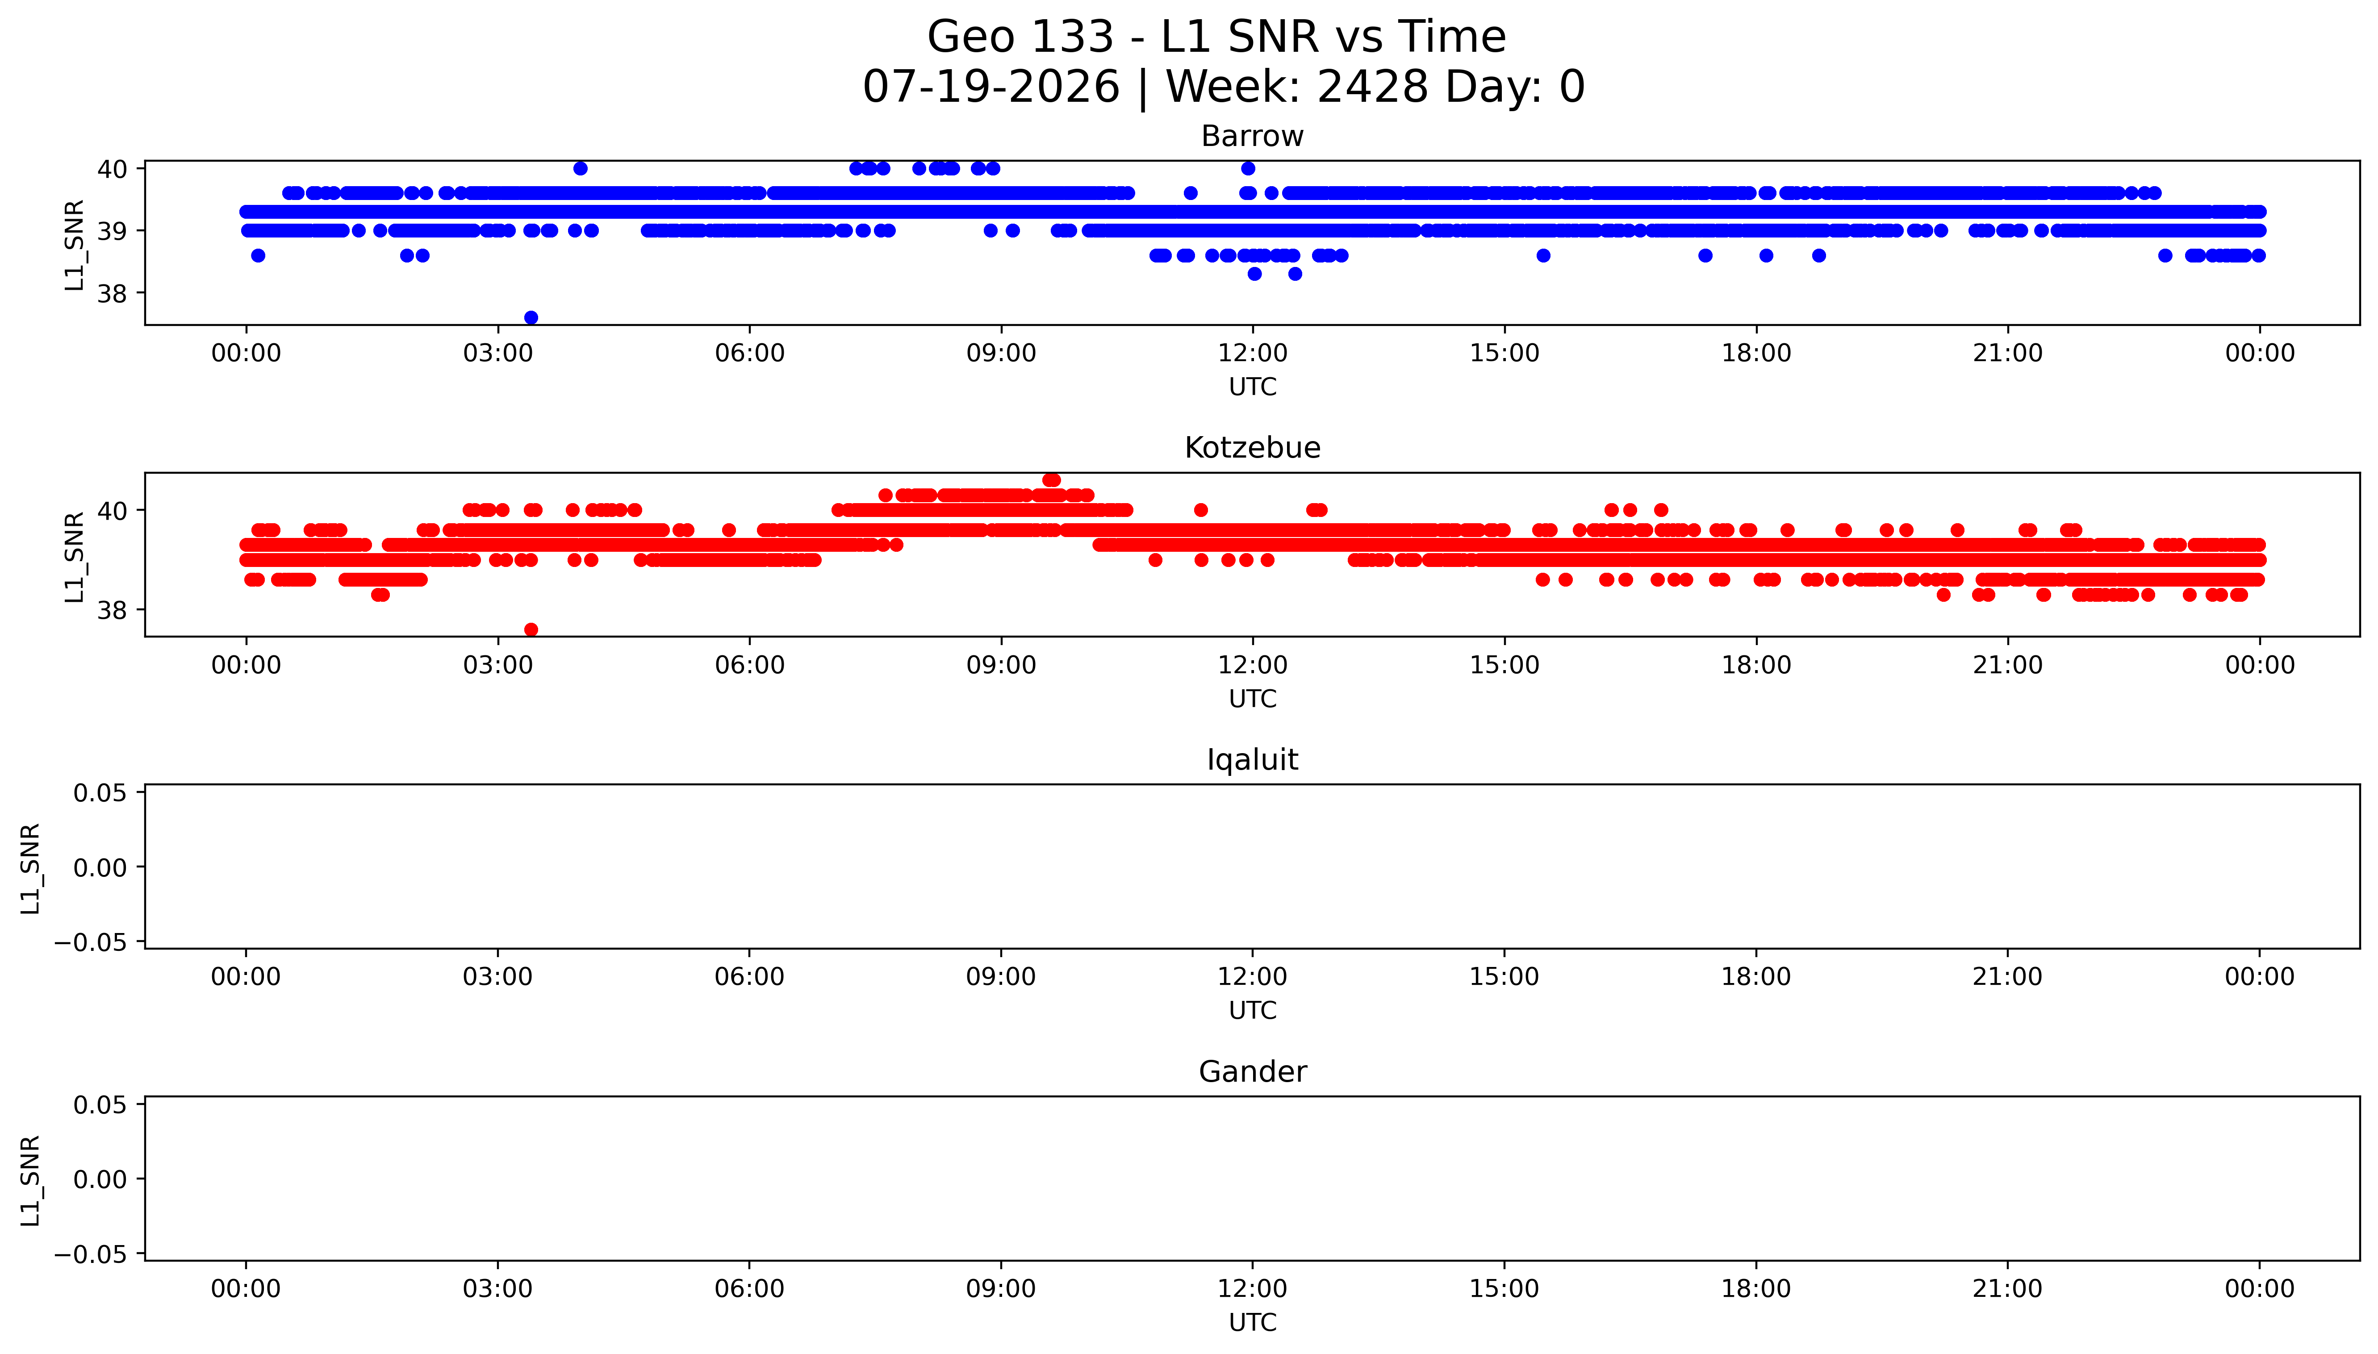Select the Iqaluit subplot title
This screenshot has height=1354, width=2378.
coord(1252,760)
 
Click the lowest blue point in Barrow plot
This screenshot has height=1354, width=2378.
coord(531,317)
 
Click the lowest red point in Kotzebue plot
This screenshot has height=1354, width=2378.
coord(531,629)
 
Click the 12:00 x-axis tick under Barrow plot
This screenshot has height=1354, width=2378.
coord(1253,354)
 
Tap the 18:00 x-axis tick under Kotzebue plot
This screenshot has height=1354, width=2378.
coord(1756,665)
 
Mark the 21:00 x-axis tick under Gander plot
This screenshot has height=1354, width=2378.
coord(2008,1289)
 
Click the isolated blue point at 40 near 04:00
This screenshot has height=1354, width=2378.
coord(580,168)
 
